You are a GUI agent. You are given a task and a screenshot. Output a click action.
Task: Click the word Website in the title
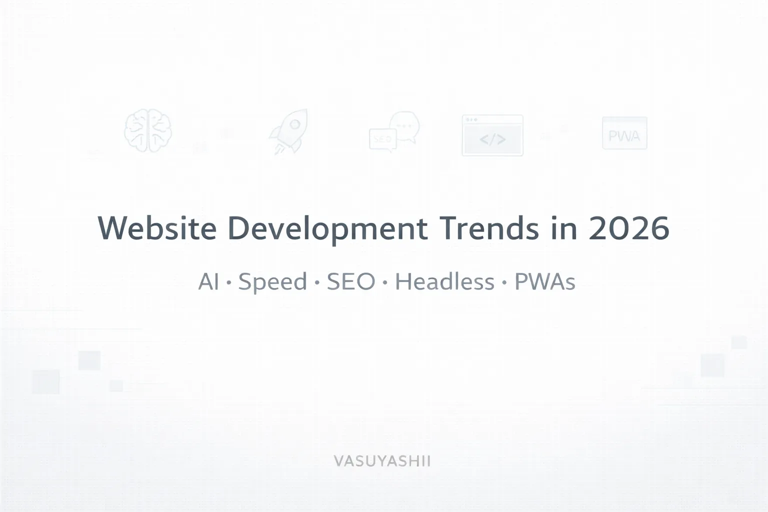click(157, 228)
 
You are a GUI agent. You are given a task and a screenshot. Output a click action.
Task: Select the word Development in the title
click(327, 228)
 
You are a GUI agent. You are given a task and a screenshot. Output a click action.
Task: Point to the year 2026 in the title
click(628, 228)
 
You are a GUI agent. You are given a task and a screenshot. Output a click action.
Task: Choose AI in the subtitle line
click(208, 282)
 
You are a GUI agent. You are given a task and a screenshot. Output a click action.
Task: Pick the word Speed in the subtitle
click(272, 282)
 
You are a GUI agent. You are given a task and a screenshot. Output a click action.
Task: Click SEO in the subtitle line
click(351, 282)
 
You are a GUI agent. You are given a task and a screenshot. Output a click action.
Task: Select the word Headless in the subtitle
click(444, 282)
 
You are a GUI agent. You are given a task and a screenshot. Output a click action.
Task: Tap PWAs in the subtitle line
click(544, 282)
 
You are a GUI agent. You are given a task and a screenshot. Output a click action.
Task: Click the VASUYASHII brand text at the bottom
click(382, 460)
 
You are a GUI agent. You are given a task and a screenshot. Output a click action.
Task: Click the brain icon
click(148, 130)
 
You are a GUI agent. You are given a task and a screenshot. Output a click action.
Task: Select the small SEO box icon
click(382, 139)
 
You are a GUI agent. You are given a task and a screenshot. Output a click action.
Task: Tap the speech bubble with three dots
click(404, 125)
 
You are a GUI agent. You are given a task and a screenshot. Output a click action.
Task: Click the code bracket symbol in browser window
click(492, 139)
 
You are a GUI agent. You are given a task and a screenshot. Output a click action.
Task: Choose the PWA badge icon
click(624, 134)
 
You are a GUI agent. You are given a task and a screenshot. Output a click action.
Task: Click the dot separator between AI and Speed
click(229, 283)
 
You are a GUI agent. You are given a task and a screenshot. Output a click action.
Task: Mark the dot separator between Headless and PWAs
click(504, 283)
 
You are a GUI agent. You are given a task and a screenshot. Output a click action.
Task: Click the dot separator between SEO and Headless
click(385, 283)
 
